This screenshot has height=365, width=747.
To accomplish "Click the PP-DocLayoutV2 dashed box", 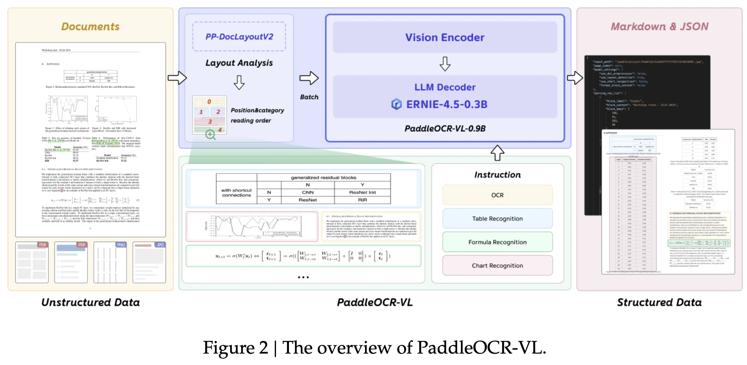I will (x=239, y=37).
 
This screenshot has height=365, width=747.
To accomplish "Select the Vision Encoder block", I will (x=445, y=37).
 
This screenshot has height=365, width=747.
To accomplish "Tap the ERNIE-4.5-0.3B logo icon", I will (x=396, y=104).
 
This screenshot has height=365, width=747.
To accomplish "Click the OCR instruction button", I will (x=497, y=195).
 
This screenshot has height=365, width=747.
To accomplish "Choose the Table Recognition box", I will (x=497, y=219).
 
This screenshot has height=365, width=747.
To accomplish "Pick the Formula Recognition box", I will (x=497, y=242).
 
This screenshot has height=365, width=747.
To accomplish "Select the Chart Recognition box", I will (x=497, y=266).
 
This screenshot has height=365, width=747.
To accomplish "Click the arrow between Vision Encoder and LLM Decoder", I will (x=445, y=63).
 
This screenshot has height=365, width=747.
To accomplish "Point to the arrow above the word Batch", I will (x=309, y=78).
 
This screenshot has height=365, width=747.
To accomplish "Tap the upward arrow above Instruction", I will (x=497, y=153).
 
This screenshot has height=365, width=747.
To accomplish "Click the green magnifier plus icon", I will (x=211, y=135).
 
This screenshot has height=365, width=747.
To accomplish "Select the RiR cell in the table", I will (x=362, y=200).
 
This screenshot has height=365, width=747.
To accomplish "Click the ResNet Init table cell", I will (x=362, y=192).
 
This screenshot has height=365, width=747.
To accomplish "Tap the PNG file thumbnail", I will (x=110, y=263).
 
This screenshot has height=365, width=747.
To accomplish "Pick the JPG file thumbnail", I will (x=149, y=263).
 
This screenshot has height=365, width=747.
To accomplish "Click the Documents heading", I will (x=90, y=26).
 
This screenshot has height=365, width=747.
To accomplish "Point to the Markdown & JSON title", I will (x=659, y=26).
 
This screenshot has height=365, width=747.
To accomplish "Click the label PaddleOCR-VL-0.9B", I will (x=445, y=128).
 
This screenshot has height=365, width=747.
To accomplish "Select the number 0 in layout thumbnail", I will (x=209, y=102).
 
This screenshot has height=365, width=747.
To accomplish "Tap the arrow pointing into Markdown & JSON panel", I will (x=574, y=78).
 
